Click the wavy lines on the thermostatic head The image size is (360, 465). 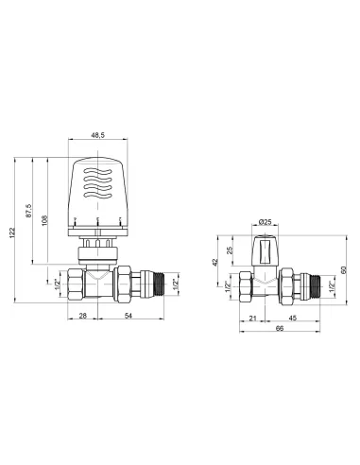pos(96,185)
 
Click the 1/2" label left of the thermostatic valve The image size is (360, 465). pos(58,283)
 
